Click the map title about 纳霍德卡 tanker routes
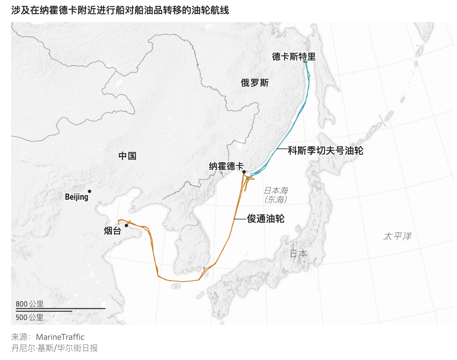[120, 10]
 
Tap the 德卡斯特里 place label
[294, 57]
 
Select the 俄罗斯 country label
[255, 83]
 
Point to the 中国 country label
[127, 156]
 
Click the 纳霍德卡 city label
[226, 167]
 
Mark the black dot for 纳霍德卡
[244, 172]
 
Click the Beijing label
[76, 197]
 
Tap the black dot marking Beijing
[90, 191]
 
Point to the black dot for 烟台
[126, 225]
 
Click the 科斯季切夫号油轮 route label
[325, 150]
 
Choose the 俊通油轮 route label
[266, 219]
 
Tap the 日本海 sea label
[276, 191]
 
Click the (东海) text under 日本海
[276, 200]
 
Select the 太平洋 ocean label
[397, 237]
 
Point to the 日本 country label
[298, 254]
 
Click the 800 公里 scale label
[30, 304]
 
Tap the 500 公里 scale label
[30, 317]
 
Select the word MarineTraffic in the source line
[60, 337]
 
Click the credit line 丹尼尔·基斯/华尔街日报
[55, 348]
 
